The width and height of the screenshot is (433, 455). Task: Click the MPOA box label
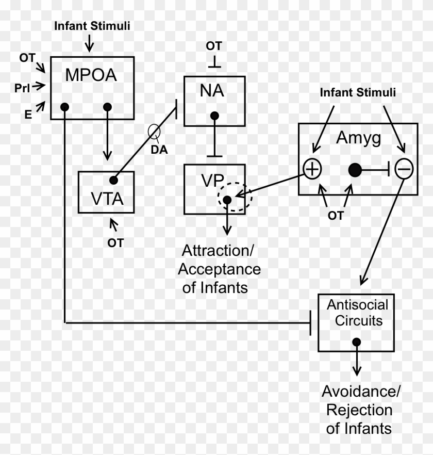[x=91, y=75]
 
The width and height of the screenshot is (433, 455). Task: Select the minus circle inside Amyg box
[x=404, y=169]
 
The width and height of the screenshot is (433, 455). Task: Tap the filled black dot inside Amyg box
[x=354, y=169]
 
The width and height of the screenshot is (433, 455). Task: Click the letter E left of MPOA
[x=28, y=115]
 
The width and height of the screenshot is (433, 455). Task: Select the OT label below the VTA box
[x=115, y=242]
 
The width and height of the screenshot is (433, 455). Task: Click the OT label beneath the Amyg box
[x=336, y=215]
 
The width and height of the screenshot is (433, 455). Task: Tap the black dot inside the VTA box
[x=113, y=180]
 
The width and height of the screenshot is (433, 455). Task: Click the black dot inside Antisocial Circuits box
[x=356, y=342]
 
